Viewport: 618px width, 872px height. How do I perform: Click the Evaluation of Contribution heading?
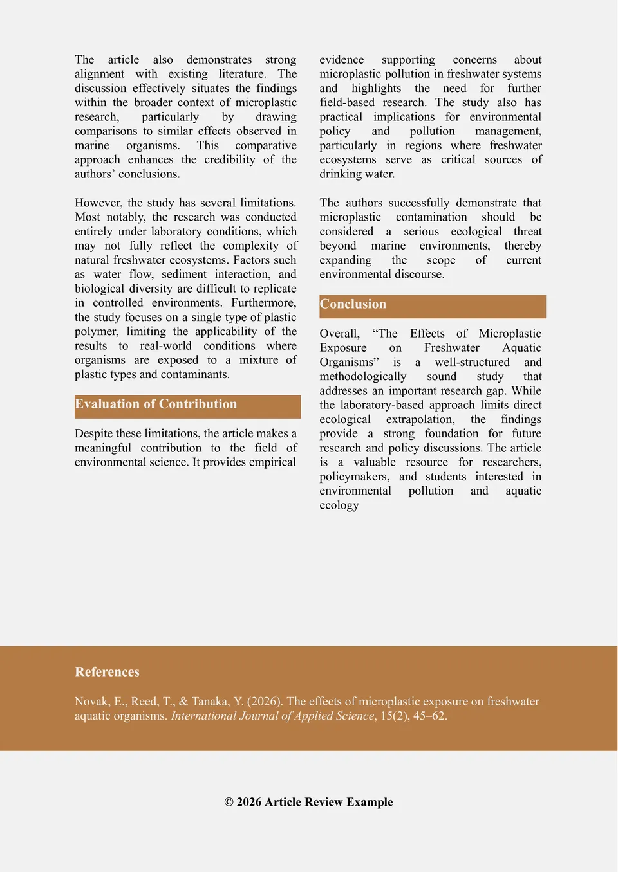(156, 404)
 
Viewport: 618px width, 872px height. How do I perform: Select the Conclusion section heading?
(353, 305)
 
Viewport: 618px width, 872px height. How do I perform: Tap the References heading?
(107, 672)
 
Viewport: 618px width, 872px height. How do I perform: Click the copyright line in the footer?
(308, 802)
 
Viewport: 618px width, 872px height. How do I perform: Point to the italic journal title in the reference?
(272, 716)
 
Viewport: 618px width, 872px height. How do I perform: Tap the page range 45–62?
(429, 716)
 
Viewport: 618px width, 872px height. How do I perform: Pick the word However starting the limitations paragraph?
(98, 203)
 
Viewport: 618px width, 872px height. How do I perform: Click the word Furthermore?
(263, 303)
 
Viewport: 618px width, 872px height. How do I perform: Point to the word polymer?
(96, 332)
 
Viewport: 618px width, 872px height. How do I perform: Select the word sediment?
(184, 275)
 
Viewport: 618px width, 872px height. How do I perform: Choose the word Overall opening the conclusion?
(339, 334)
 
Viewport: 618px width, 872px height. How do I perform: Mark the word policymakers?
(354, 477)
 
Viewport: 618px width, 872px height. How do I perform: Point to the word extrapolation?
(420, 419)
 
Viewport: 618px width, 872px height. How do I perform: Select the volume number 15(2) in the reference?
(393, 716)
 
